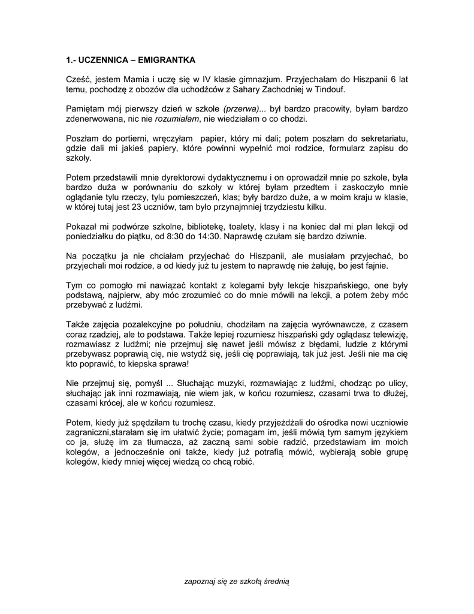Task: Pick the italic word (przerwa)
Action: pos(241,109)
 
